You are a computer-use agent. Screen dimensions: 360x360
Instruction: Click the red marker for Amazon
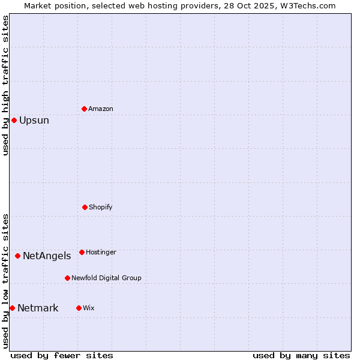click(x=84, y=109)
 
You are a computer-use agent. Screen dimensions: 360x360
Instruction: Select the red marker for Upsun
click(x=14, y=120)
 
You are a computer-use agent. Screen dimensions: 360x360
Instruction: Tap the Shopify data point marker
click(x=85, y=207)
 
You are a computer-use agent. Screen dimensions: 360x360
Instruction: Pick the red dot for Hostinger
click(x=82, y=252)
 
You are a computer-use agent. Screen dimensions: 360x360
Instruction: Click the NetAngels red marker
click(x=17, y=256)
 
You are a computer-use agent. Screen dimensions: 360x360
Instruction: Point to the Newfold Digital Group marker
click(x=67, y=278)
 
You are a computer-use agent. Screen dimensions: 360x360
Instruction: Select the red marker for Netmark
click(x=12, y=308)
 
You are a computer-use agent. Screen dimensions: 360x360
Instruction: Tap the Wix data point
click(x=79, y=308)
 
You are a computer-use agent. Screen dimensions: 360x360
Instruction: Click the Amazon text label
click(x=101, y=109)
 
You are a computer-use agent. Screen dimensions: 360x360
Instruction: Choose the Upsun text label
click(x=34, y=120)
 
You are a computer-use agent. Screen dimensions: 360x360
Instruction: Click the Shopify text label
click(x=101, y=207)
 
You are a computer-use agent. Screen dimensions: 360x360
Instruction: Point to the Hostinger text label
click(x=101, y=252)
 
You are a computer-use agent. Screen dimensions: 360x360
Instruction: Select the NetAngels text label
click(x=47, y=256)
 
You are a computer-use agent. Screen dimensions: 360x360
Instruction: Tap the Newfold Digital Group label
click(x=106, y=278)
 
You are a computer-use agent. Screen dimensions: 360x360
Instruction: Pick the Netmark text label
click(x=38, y=308)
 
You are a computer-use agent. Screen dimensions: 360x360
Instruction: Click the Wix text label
click(x=89, y=308)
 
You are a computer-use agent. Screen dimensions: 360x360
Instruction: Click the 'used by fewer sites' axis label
click(x=62, y=355)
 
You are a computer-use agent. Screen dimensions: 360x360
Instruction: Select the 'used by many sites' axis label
click(x=301, y=355)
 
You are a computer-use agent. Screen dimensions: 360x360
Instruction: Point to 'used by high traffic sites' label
click(x=5, y=85)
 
